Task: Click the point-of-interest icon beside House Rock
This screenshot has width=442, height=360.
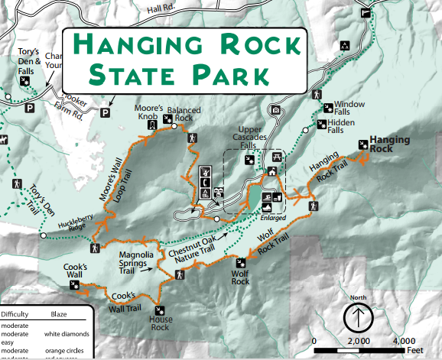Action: point(160,310)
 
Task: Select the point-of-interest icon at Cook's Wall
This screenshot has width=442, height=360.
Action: point(74,285)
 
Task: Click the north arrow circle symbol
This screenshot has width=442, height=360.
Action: point(357,316)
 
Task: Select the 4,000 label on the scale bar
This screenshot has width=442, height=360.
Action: point(402,340)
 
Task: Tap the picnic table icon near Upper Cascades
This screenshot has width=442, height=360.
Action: point(275,156)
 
